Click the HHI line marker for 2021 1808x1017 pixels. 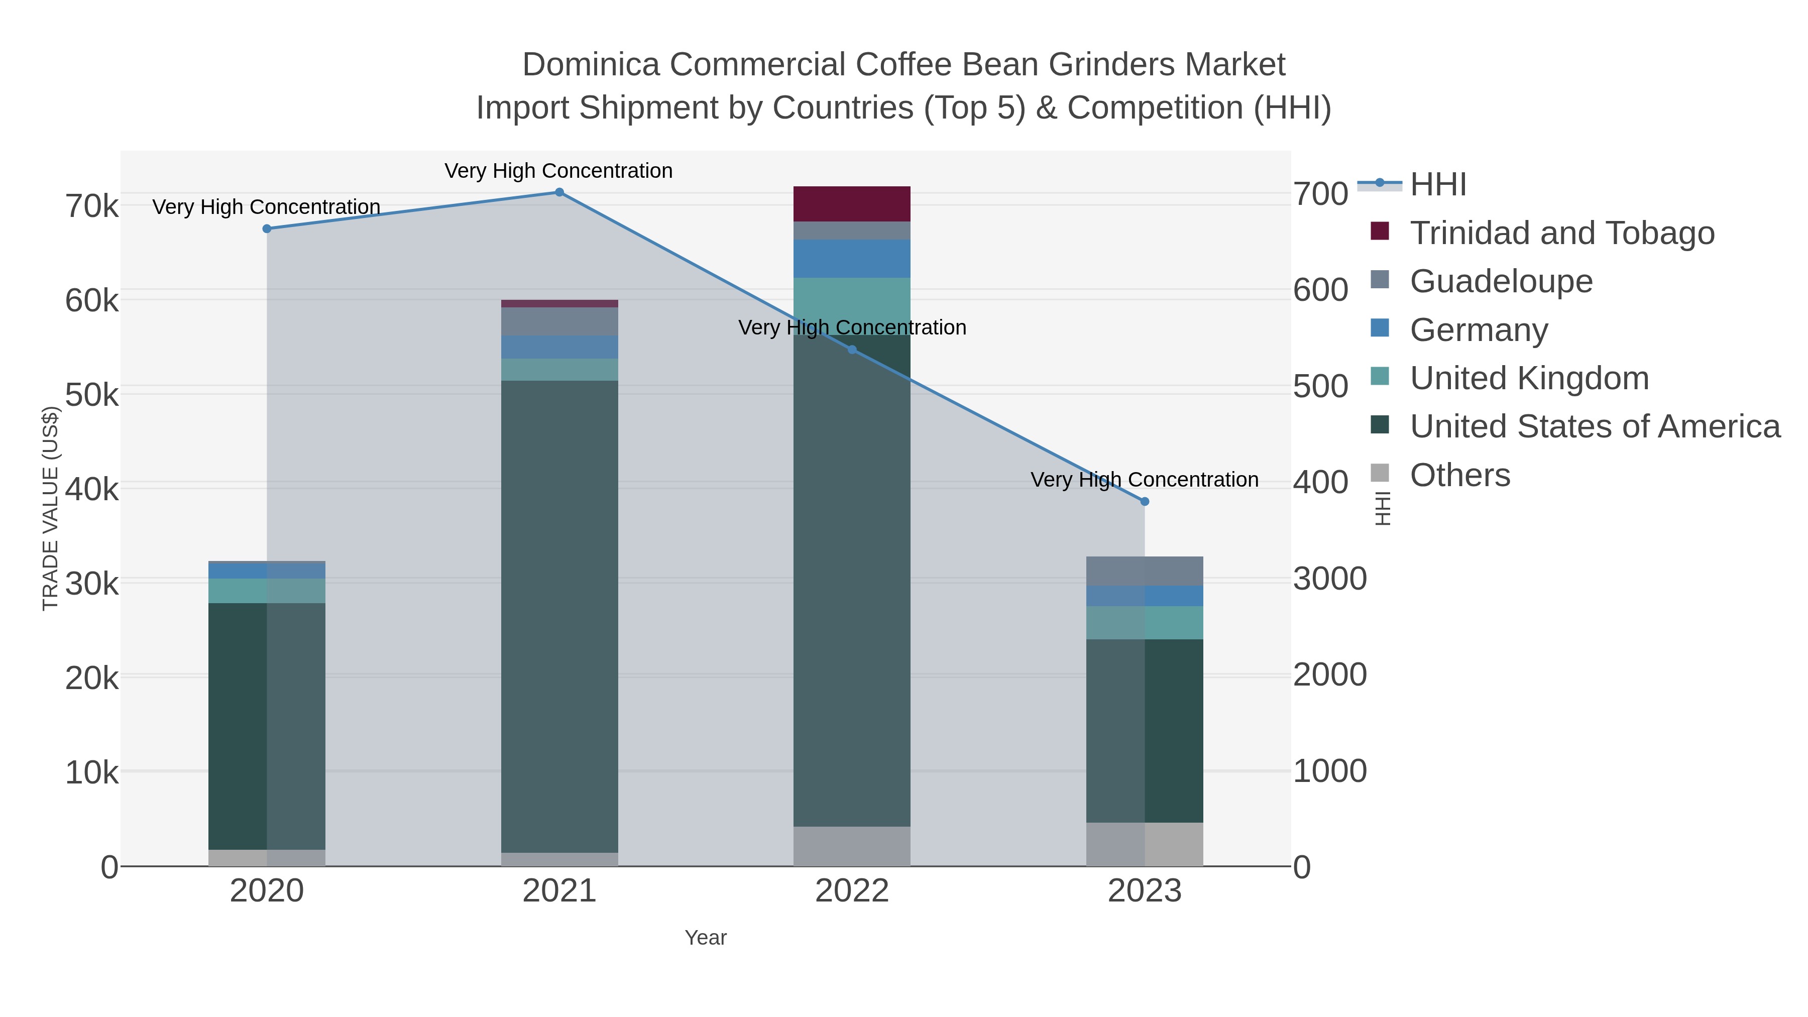(x=559, y=192)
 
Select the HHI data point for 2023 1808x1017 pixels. (x=1145, y=502)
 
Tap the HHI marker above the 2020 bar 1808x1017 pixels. (x=267, y=229)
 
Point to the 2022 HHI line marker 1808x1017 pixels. (x=852, y=350)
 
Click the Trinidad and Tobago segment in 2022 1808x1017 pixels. (x=852, y=204)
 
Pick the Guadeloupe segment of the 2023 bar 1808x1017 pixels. (x=1145, y=572)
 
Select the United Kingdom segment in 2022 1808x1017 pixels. (x=852, y=306)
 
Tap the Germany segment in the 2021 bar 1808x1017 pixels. (x=559, y=348)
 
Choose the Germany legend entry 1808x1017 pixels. (x=1479, y=330)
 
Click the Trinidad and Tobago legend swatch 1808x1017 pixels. (x=1380, y=232)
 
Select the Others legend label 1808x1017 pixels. (x=1460, y=475)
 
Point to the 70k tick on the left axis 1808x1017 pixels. (x=92, y=207)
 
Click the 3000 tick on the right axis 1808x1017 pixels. (x=1330, y=579)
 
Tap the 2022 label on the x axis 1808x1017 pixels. (x=852, y=891)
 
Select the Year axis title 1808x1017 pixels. (x=706, y=938)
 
